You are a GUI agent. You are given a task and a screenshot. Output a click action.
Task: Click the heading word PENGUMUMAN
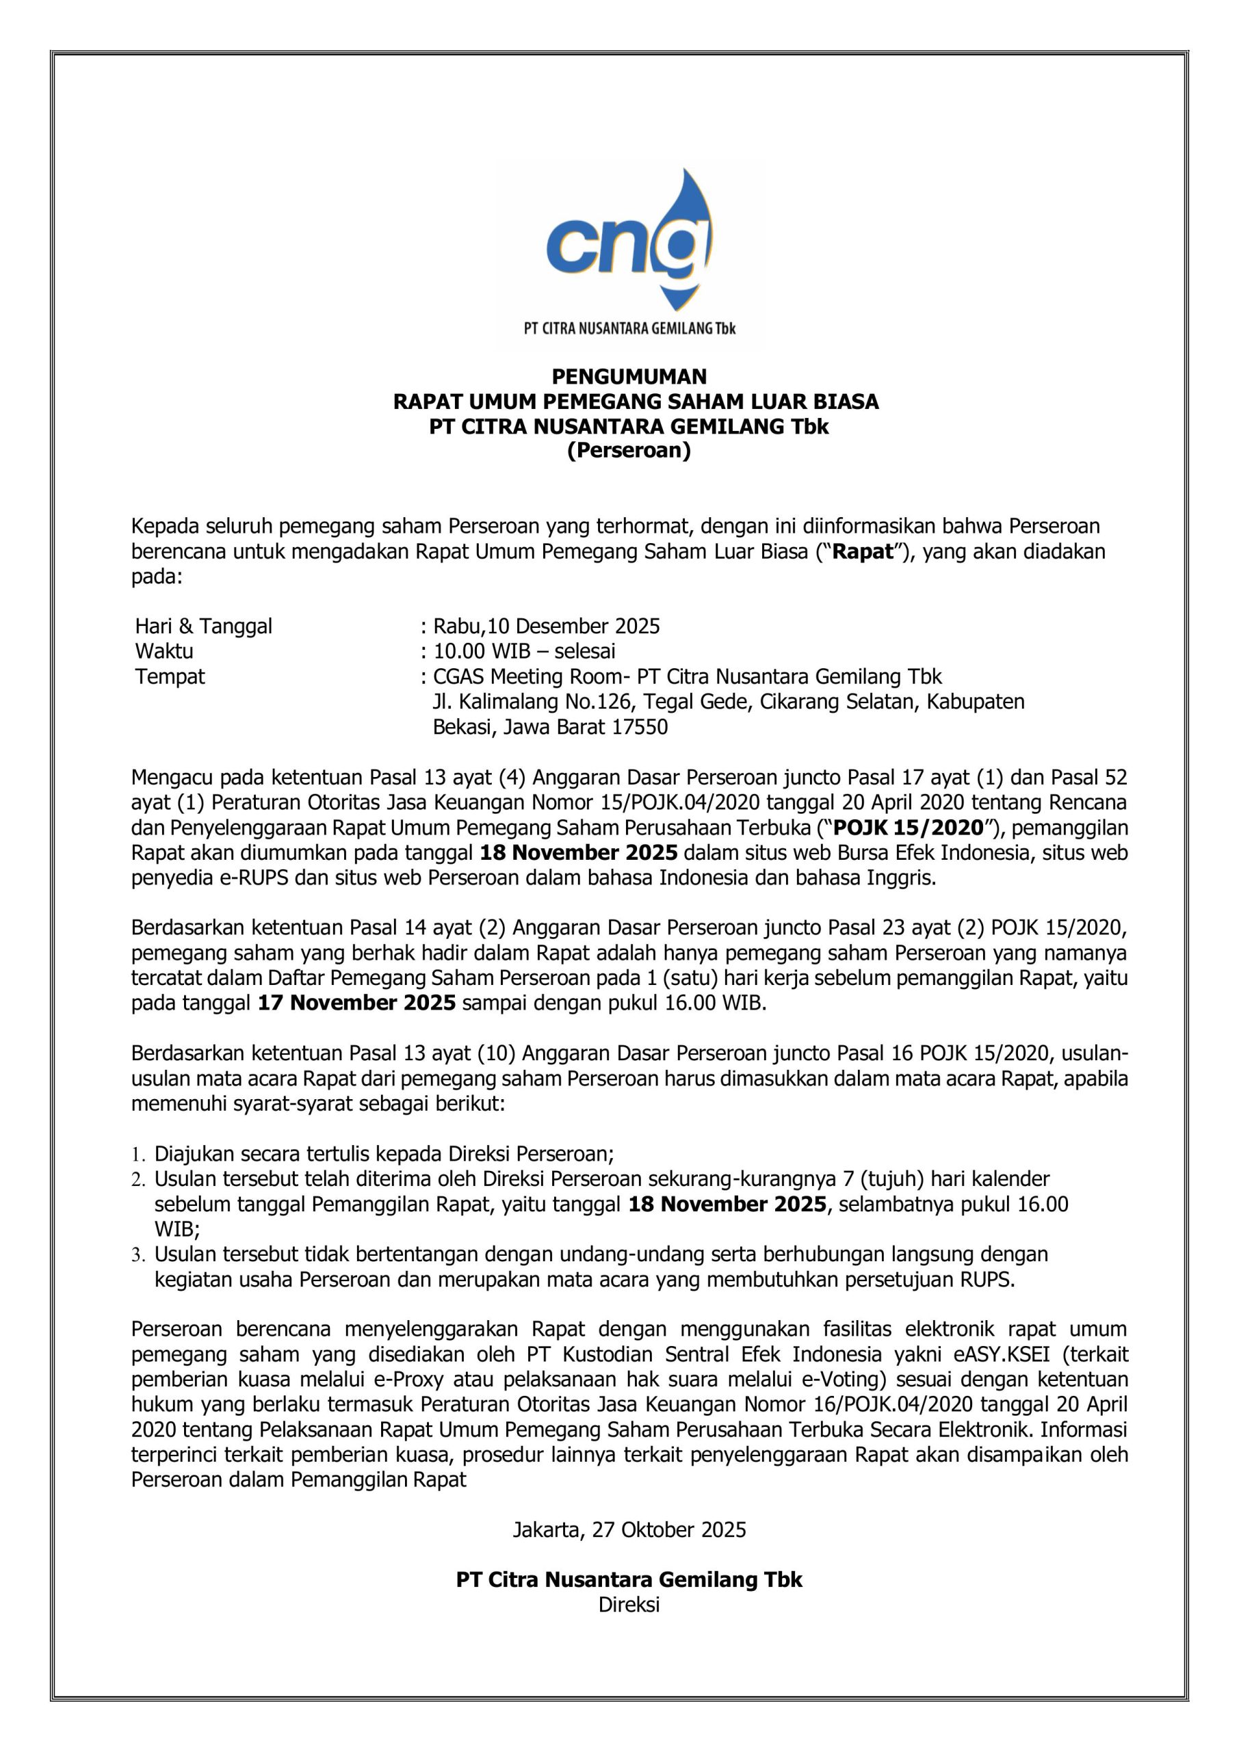point(629,377)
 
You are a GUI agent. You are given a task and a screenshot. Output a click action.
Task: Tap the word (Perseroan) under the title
point(629,451)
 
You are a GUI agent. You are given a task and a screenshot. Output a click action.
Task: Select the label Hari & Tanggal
point(204,627)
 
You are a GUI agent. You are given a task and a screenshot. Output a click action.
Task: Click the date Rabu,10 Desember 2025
point(546,627)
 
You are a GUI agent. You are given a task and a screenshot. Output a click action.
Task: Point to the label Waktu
point(164,652)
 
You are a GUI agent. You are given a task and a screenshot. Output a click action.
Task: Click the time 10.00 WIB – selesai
point(524,652)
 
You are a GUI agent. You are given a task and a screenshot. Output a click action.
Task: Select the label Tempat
point(170,677)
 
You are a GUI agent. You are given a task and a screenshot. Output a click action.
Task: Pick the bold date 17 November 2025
point(357,1003)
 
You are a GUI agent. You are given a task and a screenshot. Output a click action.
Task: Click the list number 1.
point(138,1155)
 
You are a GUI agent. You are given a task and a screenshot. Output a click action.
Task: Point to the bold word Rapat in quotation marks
point(862,553)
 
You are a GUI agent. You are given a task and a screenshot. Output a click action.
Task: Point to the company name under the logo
point(629,330)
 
